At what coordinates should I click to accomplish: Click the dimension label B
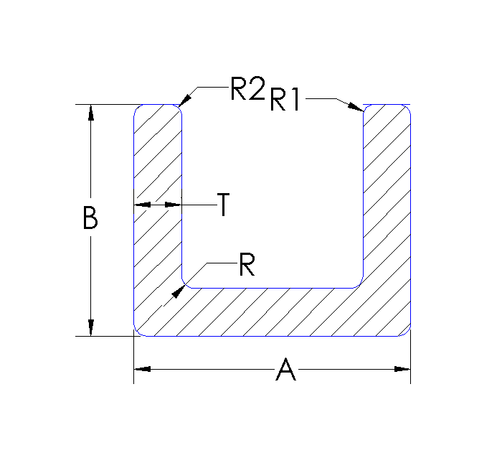90,218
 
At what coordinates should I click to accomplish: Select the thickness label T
224,206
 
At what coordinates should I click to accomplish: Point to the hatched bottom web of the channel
273,312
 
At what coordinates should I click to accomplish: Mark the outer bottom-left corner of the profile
136,333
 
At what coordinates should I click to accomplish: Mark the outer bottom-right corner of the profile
408,333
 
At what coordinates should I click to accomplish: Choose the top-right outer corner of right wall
408,108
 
